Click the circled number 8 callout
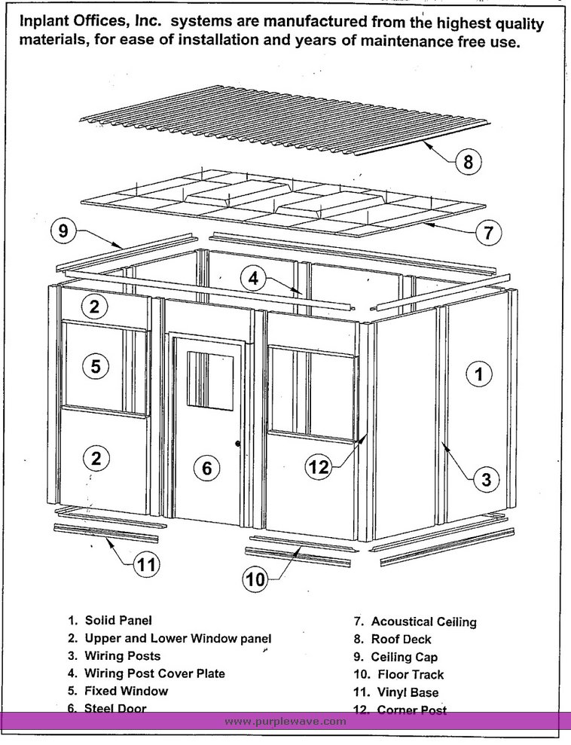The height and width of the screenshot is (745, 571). click(468, 162)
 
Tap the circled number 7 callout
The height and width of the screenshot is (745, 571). click(487, 232)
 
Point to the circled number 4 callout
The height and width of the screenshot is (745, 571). click(254, 278)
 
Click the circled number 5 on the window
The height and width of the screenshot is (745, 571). click(95, 367)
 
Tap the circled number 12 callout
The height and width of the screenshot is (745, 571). click(319, 467)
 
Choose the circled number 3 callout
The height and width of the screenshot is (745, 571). click(487, 478)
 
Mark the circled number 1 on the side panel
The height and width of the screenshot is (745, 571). click(479, 372)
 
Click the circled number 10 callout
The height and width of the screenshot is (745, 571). click(256, 579)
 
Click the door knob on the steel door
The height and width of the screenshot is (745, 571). click(238, 444)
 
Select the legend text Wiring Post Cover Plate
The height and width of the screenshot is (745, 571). click(154, 673)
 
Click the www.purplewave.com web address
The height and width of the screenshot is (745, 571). click(285, 721)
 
